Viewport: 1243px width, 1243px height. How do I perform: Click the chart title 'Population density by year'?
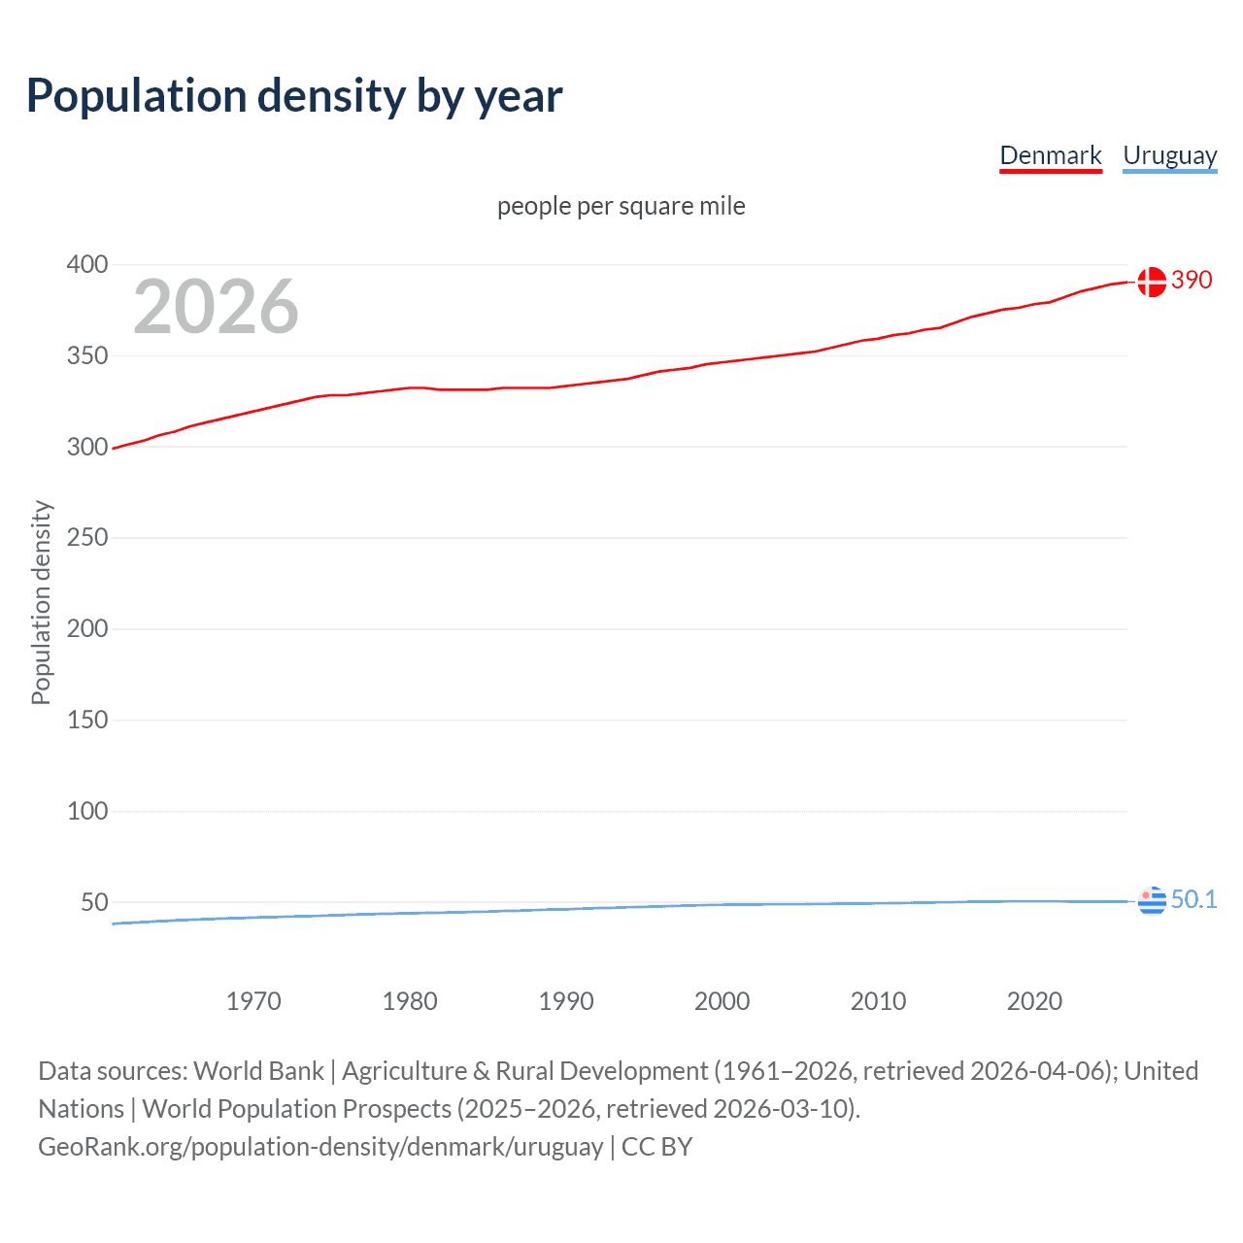click(294, 96)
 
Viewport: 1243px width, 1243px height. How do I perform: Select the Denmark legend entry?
click(1051, 155)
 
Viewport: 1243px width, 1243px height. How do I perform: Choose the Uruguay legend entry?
click(1169, 155)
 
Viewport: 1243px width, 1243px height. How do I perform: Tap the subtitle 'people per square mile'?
click(621, 206)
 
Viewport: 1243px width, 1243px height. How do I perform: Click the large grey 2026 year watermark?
click(216, 307)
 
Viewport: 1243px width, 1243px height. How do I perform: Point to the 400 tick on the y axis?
click(87, 264)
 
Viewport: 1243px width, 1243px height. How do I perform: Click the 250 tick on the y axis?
click(87, 537)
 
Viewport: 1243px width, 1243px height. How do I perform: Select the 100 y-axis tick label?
click(87, 811)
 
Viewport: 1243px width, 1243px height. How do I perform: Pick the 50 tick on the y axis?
click(94, 902)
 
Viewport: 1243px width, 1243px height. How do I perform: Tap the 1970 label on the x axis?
click(253, 1001)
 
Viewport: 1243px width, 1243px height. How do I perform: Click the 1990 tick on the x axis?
click(566, 1001)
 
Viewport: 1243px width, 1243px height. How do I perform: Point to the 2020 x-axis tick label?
click(1034, 1001)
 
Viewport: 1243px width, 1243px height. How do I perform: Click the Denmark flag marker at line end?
click(1152, 282)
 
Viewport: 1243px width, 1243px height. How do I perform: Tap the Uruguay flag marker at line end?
click(1152, 901)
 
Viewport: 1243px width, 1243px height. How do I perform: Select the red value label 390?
click(1192, 280)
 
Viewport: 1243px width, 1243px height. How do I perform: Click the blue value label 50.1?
click(1193, 899)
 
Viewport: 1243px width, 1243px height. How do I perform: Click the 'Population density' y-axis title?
click(41, 602)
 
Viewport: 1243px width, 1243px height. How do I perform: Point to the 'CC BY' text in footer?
click(656, 1147)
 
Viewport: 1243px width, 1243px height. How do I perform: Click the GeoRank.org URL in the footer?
click(320, 1147)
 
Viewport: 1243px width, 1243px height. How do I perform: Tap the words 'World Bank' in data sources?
click(258, 1071)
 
